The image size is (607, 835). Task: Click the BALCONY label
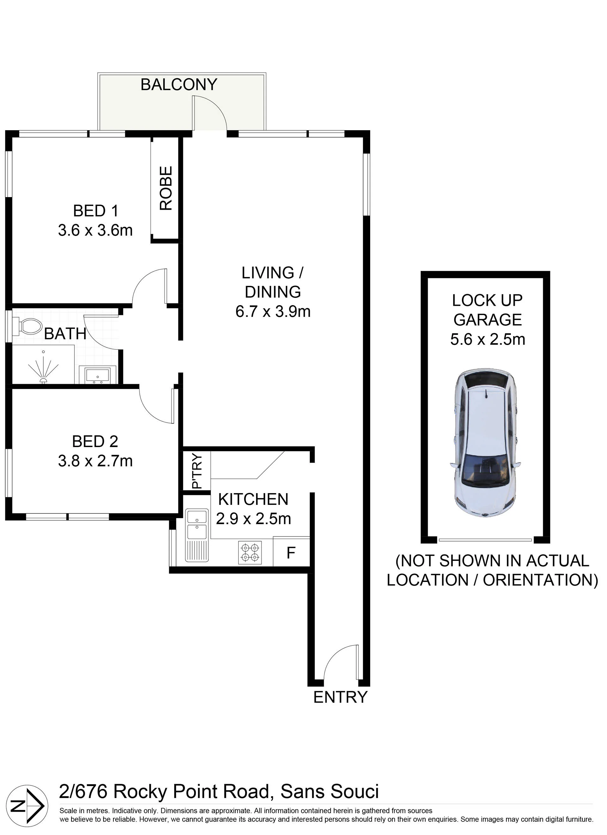click(179, 85)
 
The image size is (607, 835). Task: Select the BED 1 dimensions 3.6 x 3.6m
click(95, 231)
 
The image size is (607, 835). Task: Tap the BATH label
click(65, 334)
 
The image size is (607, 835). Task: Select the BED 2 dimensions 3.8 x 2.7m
click(95, 461)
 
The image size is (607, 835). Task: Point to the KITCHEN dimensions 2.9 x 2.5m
click(254, 519)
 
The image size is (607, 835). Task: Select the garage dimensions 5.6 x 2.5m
click(488, 339)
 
